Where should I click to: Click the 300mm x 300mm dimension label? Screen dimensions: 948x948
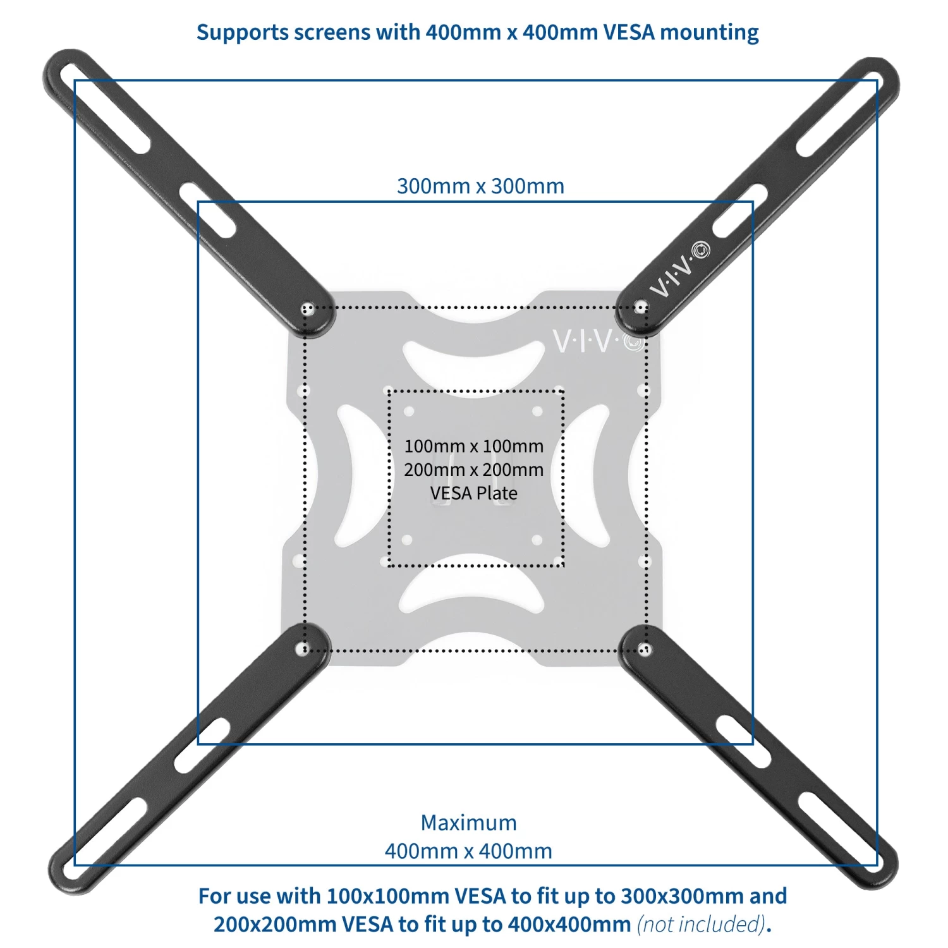point(480,186)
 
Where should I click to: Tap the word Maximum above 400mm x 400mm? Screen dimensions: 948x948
point(468,823)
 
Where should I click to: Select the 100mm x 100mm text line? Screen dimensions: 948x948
point(474,446)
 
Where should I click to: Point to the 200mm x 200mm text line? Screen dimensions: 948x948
point(474,470)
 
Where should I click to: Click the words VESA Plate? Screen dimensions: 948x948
point(474,494)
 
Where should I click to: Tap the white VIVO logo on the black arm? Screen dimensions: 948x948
point(680,270)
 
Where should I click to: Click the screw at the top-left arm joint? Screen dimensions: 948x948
point(308,310)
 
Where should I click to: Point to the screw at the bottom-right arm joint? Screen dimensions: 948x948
point(644,648)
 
